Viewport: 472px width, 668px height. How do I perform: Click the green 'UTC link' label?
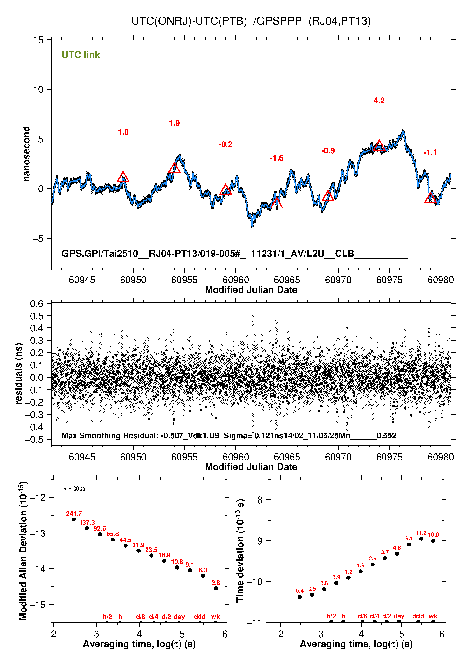81,55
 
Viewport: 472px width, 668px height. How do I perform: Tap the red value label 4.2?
379,101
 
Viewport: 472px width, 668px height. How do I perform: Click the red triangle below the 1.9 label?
174,168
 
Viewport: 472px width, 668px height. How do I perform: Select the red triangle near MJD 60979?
430,198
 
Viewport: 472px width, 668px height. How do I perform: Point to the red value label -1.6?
277,158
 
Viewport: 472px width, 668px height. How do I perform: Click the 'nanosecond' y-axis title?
27,154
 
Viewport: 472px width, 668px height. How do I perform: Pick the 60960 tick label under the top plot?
236,280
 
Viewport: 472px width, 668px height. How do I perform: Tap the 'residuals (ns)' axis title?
19,374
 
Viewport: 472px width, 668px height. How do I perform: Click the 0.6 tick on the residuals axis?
37,304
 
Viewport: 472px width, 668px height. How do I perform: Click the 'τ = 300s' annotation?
75,489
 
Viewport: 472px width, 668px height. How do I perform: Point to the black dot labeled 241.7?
74,519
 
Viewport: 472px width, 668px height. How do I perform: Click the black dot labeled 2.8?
216,588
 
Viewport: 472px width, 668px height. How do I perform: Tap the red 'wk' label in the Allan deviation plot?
215,617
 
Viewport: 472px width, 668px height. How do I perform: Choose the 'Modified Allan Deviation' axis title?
23,551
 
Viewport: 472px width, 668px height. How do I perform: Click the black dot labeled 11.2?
421,539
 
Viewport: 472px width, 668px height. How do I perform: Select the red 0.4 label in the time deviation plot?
300,591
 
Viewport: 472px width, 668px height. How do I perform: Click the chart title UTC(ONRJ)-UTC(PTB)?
189,21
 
